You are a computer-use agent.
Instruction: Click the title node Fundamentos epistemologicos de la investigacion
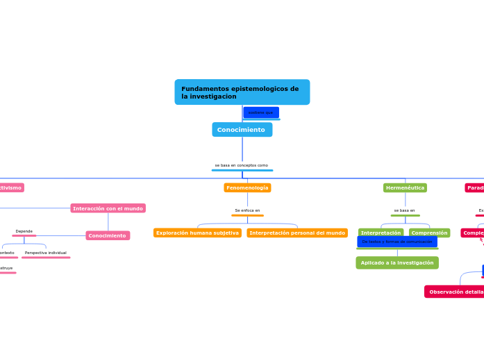242,92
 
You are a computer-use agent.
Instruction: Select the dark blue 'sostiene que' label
261,112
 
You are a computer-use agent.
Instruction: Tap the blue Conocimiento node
242,130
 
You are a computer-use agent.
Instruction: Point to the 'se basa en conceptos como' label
242,165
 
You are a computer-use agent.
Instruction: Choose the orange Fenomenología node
247,188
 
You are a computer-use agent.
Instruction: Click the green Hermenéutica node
405,188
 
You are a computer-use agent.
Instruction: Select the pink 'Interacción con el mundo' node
108,208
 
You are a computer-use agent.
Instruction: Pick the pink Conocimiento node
108,236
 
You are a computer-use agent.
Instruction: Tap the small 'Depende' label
24,231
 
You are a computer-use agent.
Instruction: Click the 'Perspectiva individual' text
46,253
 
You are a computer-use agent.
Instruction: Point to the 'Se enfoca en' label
247,210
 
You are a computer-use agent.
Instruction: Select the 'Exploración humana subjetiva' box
197,233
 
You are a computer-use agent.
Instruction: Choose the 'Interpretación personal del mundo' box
297,233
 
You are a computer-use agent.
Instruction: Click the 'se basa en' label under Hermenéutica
404,210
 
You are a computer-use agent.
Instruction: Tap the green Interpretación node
381,233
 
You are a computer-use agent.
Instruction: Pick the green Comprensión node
429,233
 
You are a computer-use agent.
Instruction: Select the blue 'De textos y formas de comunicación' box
397,242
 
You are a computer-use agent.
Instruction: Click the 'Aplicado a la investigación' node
397,263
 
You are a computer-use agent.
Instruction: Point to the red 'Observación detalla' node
455,292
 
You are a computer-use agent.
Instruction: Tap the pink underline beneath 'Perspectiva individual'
46,258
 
